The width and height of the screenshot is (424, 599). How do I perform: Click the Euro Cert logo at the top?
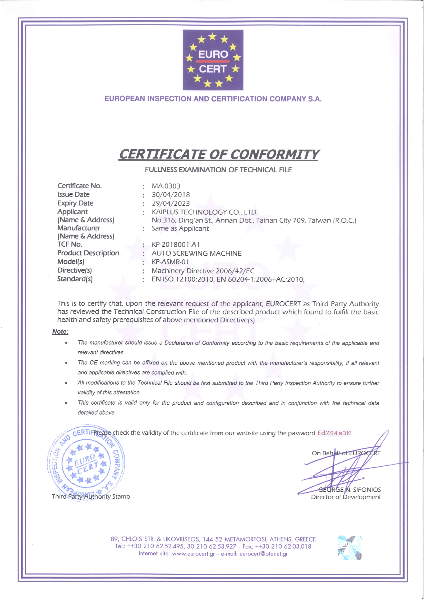coord(213,60)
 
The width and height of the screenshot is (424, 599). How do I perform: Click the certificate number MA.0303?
coord(166,186)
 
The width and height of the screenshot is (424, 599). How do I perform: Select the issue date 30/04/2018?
coord(171,195)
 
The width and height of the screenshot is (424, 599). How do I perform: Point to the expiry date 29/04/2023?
coord(171,203)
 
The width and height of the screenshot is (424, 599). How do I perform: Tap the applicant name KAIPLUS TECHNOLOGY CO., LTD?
coord(205,212)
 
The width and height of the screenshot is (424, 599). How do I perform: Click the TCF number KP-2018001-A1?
coord(176,245)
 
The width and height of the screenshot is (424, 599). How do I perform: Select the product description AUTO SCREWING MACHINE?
coord(197,253)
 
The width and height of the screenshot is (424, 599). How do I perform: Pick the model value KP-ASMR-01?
coord(170,262)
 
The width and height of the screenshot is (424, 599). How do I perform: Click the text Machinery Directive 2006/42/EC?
coord(203,271)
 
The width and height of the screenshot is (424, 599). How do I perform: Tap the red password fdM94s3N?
coord(334,433)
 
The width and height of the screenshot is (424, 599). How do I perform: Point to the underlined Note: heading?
coord(60,332)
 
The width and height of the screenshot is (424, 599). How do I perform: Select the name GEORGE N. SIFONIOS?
coord(349,490)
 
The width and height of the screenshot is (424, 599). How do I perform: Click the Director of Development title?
coord(346,497)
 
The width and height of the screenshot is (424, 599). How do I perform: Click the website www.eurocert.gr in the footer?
coord(193,554)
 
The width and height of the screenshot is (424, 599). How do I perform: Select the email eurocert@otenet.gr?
coord(264,554)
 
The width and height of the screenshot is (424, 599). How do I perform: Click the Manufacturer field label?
coord(79,228)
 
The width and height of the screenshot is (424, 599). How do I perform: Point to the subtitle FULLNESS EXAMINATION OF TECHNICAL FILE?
coord(218,170)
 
